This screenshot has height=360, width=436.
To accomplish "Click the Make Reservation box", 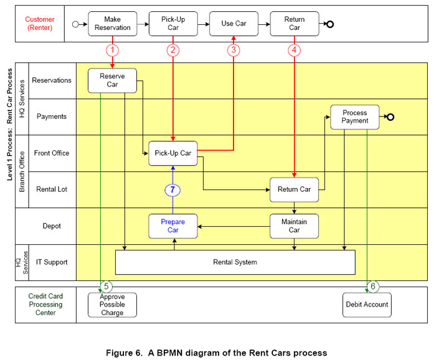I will [x=113, y=24].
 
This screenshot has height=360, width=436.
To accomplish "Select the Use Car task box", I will [x=234, y=24].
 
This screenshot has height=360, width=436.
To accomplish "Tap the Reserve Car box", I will [x=113, y=80].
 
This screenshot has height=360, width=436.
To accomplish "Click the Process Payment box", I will [x=354, y=117].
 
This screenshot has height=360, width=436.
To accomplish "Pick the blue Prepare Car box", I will [x=173, y=226].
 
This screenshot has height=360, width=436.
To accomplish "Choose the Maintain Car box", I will [x=294, y=226].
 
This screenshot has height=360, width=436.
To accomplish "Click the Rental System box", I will [x=235, y=262].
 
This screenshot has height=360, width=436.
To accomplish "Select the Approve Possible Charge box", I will [x=113, y=305].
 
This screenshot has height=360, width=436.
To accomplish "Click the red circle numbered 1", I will [x=113, y=49].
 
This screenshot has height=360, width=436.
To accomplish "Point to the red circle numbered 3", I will [x=234, y=49].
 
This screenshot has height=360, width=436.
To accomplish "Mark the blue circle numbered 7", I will [x=173, y=189].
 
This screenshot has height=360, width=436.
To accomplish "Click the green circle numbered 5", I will [x=107, y=287].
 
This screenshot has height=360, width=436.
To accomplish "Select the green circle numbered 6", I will [x=373, y=287].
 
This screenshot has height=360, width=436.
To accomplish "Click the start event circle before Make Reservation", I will [x=76, y=24].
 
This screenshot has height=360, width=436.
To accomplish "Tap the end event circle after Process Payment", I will [x=390, y=117].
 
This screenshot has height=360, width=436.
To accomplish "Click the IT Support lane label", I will [x=52, y=262].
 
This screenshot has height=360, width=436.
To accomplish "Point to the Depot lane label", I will [x=52, y=226].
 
